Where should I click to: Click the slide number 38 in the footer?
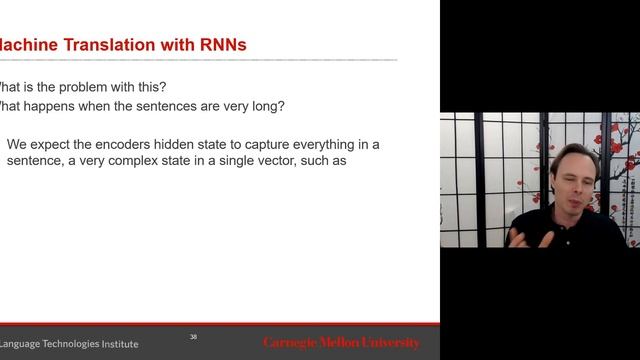pyautogui.click(x=194, y=337)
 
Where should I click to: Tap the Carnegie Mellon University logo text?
pyautogui.click(x=342, y=343)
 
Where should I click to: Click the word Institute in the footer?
pyautogui.click(x=118, y=344)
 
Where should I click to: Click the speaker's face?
pyautogui.click(x=573, y=180)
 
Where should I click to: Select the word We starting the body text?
pyautogui.click(x=17, y=144)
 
